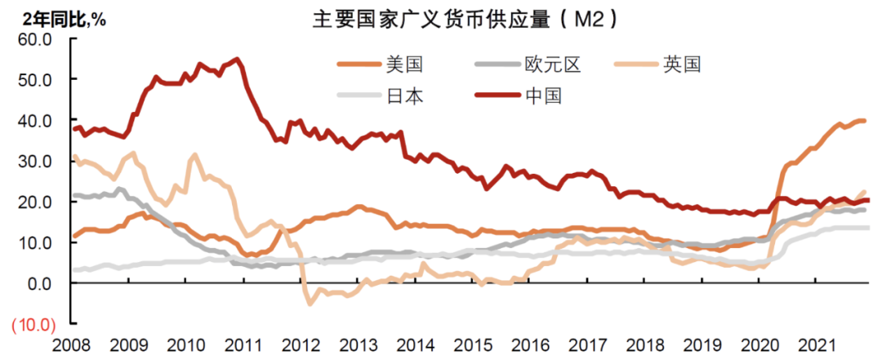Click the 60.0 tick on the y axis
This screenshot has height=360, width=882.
pos(36,38)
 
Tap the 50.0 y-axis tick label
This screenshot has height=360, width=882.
pos(36,79)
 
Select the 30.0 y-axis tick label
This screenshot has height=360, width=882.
pos(36,161)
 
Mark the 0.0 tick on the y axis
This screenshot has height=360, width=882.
pos(39,283)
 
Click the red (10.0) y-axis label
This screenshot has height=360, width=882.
pos(33,324)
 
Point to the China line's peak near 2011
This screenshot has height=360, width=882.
pos(237,59)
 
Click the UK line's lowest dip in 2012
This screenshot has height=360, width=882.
pos(310,304)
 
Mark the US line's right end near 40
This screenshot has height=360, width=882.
pos(864,121)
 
